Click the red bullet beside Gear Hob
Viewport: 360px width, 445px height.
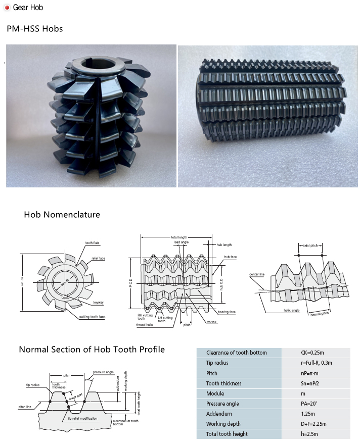(7, 8)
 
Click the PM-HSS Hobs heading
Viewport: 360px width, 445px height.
(35, 29)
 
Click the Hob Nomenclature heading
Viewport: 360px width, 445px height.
(62, 215)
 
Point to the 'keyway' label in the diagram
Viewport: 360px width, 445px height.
(98, 303)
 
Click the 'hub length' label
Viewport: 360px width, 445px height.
(224, 244)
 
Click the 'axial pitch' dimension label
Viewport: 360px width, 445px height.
(310, 245)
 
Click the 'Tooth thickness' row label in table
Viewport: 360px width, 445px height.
(224, 383)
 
